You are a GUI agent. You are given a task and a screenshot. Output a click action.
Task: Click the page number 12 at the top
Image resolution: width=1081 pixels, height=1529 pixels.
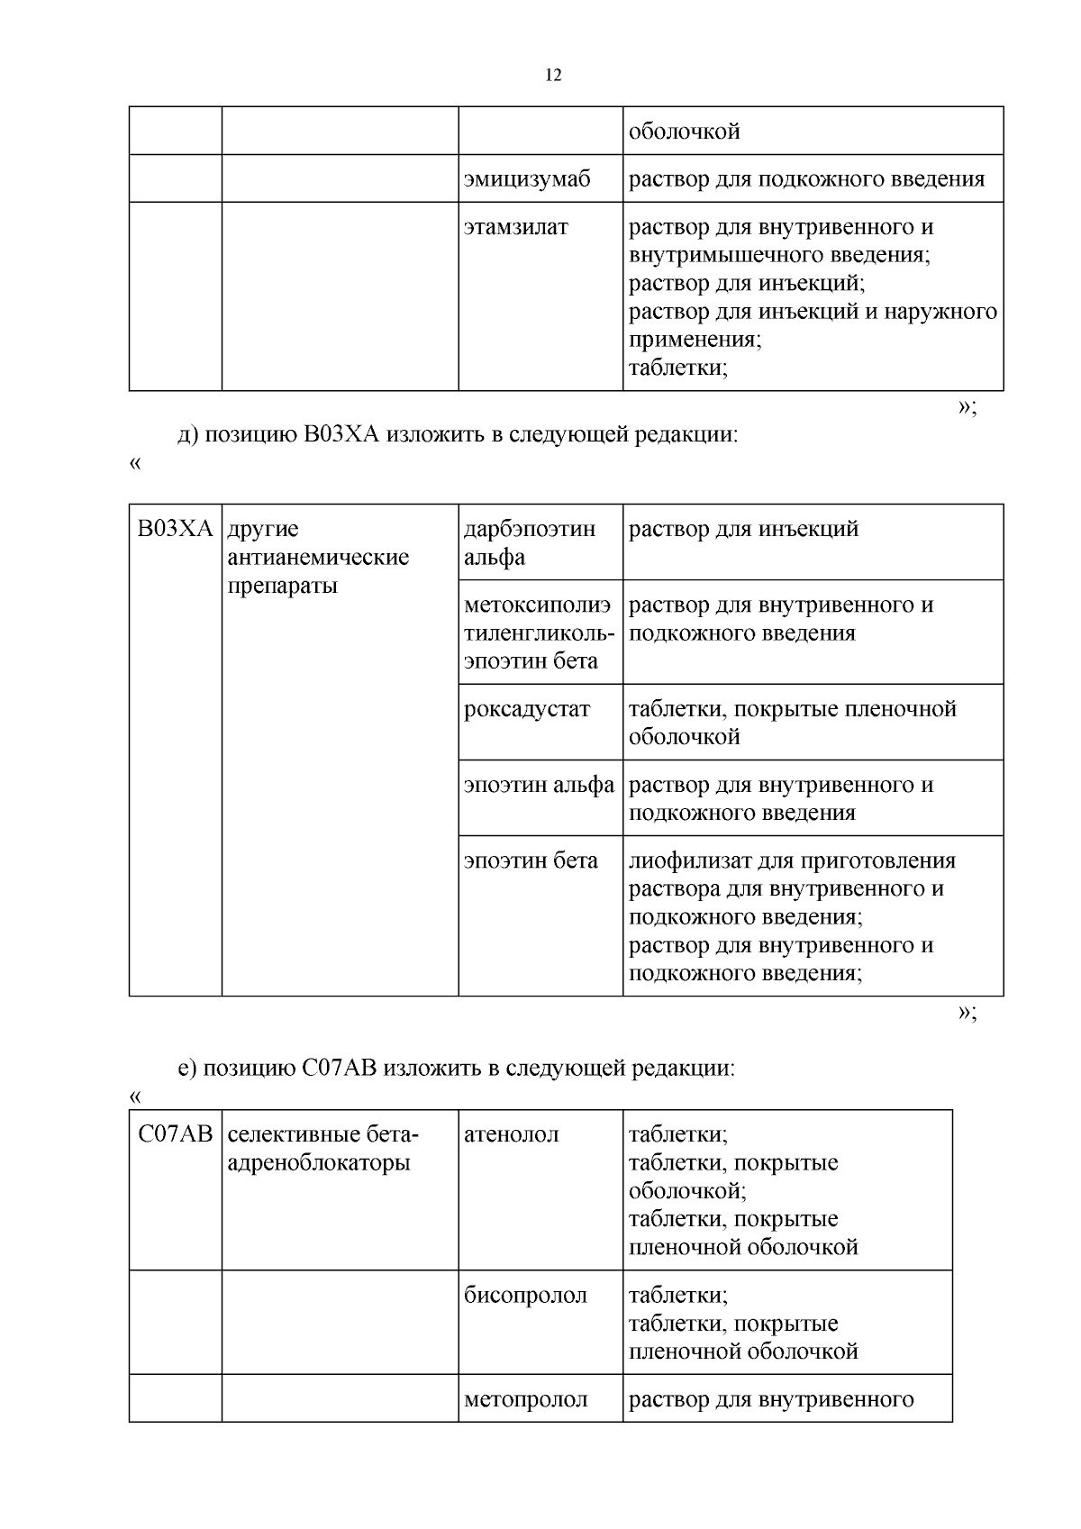[x=553, y=76]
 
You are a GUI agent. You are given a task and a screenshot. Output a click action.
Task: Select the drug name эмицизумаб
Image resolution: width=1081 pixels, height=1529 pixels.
[x=527, y=179]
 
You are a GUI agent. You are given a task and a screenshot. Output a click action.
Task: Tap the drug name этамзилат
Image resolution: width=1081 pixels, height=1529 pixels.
[x=515, y=227]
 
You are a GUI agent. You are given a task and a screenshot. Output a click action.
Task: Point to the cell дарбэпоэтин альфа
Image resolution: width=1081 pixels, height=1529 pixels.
[x=530, y=542]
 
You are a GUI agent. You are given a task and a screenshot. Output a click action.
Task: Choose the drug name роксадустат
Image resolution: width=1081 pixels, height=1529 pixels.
[x=527, y=709]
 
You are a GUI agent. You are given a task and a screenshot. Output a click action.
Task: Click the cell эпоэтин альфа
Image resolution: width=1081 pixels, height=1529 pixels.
[x=539, y=785]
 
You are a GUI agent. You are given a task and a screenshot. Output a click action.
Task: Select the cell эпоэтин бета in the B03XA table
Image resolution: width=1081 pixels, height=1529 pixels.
[x=531, y=860]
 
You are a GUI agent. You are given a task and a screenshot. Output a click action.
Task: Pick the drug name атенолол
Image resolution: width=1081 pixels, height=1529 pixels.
[x=511, y=1134]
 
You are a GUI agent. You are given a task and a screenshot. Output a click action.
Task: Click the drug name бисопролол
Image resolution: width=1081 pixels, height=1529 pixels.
[x=525, y=1296]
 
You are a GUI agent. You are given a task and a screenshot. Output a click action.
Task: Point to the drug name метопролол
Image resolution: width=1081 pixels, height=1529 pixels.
[x=525, y=1399]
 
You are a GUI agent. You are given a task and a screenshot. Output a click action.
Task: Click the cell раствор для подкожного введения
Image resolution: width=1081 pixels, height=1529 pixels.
[x=806, y=179]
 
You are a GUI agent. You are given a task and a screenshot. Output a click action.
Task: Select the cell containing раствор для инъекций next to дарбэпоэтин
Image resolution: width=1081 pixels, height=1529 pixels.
[x=743, y=529]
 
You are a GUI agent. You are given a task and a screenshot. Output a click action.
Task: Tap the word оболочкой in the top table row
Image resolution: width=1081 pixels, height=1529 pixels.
[x=685, y=132]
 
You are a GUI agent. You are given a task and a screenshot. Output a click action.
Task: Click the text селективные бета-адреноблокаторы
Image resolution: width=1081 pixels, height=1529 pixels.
[x=323, y=1149]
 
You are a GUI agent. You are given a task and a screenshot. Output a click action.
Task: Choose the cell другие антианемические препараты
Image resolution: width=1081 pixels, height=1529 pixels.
[x=318, y=557]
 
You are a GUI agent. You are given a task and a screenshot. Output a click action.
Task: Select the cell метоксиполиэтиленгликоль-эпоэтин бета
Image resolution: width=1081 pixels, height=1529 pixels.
[x=539, y=633]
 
